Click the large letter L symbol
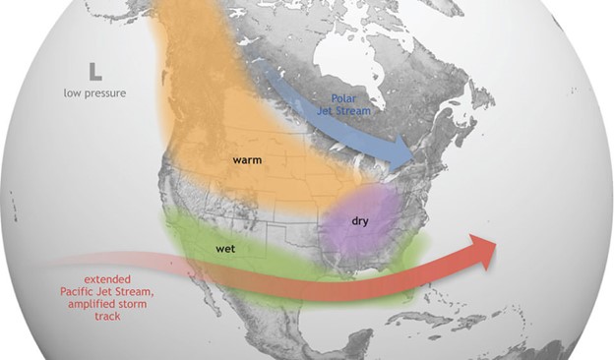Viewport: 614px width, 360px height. [93, 71]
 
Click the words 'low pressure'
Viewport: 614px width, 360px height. [93, 93]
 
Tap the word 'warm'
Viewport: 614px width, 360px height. [246, 159]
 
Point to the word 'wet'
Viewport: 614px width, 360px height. [224, 250]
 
